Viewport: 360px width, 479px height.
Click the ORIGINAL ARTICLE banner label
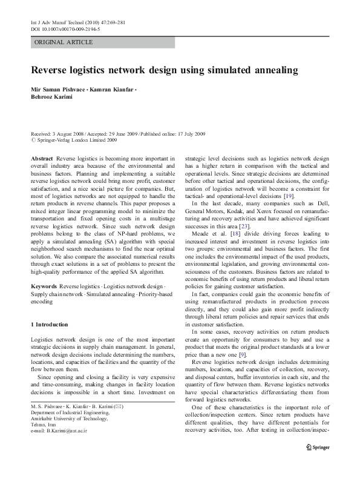pos(64,42)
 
